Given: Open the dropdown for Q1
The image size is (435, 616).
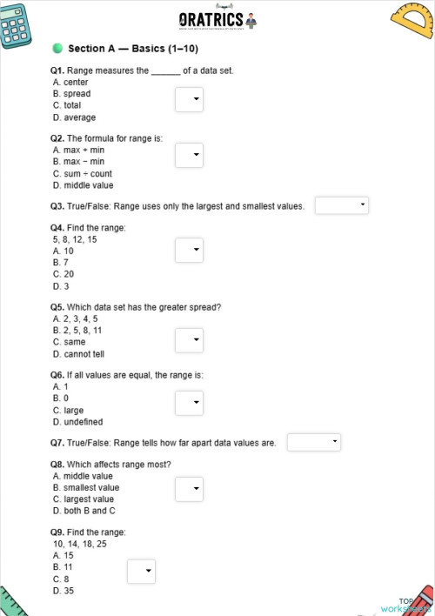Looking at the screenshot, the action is (x=189, y=99).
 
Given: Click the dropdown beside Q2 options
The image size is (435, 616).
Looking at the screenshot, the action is (x=189, y=156).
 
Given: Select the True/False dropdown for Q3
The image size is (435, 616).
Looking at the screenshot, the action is (x=341, y=205).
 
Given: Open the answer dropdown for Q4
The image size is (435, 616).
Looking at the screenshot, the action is (x=189, y=251).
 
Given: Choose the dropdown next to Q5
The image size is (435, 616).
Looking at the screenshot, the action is (x=189, y=339).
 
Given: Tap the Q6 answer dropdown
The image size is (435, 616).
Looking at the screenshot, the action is (x=189, y=403).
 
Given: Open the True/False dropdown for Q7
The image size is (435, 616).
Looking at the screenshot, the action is (x=313, y=442).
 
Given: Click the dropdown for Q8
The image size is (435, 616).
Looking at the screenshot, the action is (x=189, y=490).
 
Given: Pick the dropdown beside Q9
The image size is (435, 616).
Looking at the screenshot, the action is (x=141, y=571).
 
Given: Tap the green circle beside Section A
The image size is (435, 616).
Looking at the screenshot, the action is (x=57, y=48).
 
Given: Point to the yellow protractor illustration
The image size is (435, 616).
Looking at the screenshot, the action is (x=412, y=22).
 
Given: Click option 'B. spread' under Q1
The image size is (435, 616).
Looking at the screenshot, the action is (x=71, y=93).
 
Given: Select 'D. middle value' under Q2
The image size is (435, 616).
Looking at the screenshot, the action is (x=83, y=185).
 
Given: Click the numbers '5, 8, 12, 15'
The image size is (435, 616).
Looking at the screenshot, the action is (x=75, y=238).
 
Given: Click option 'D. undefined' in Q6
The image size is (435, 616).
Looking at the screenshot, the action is (x=77, y=422).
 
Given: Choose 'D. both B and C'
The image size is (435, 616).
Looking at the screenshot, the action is (x=86, y=512).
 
